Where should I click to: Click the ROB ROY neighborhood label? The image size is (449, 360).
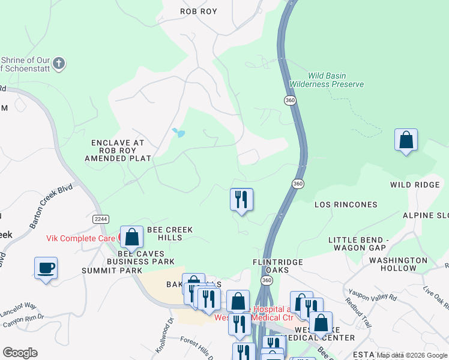point(199,11)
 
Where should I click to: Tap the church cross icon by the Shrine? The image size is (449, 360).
point(59,62)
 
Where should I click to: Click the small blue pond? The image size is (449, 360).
point(178,133)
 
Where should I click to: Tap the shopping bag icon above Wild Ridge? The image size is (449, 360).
point(406,140)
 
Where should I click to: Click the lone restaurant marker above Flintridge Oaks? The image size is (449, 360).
point(241,199)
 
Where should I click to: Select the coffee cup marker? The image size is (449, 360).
point(46,268)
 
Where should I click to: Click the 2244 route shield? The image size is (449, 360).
point(101,219)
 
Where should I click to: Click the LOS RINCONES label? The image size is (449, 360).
point(346,205)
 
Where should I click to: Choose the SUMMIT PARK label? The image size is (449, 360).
point(112,271)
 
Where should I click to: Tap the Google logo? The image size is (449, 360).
point(20,353)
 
